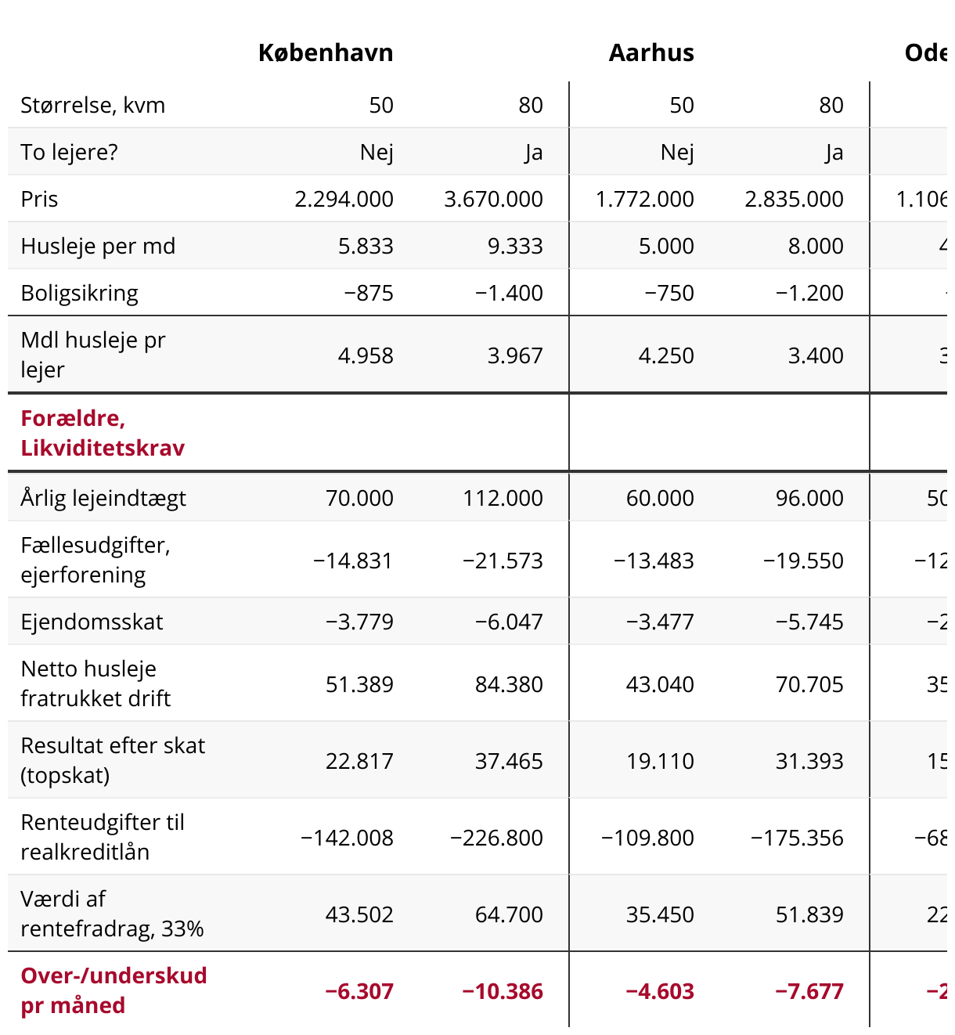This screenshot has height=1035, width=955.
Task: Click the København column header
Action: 326,52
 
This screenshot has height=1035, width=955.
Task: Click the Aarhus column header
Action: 651,52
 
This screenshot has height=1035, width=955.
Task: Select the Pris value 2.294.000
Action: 344,199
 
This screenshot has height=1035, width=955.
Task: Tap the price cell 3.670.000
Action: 493,199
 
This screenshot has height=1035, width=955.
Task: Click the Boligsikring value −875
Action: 368,293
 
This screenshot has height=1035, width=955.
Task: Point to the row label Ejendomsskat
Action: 92,622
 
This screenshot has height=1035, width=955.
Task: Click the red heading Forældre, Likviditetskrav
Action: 103,433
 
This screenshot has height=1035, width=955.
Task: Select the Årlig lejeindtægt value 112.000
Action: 503,498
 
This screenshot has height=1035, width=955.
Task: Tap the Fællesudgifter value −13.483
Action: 654,561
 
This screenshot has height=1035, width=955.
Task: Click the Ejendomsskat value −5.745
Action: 809,622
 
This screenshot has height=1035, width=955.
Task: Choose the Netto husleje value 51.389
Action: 359,684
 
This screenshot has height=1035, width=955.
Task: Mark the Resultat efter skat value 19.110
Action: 660,761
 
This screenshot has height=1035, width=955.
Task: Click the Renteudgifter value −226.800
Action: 496,838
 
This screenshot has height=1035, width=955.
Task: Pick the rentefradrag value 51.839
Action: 809,914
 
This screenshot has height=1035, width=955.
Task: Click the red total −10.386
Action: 502,991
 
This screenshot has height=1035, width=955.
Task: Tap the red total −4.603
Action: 659,991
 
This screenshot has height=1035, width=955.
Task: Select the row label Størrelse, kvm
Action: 92,105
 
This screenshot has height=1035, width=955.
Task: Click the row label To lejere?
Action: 69,152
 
